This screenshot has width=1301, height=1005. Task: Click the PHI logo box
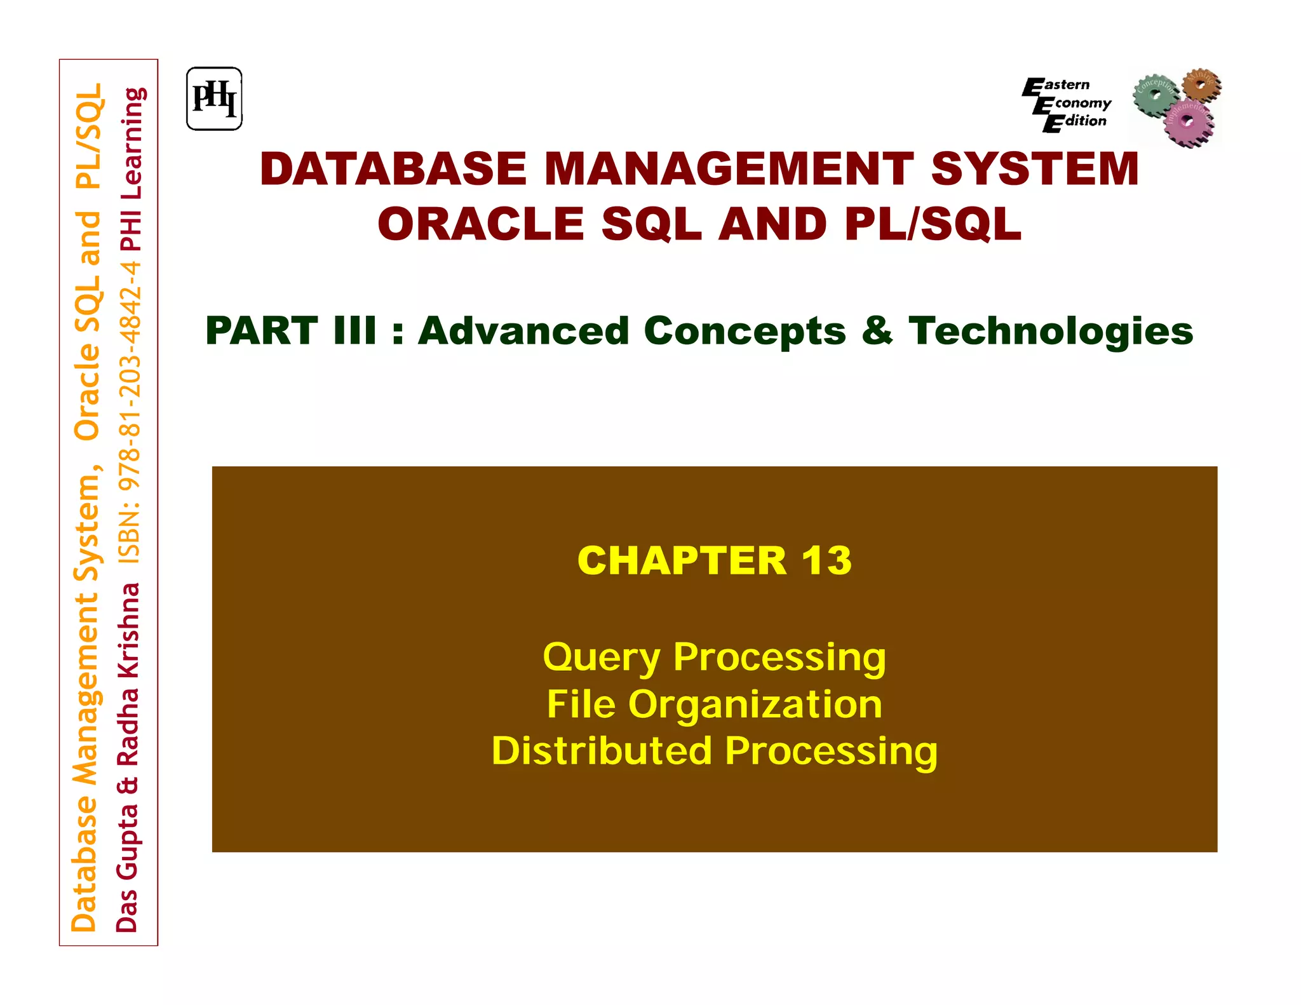pos(214,98)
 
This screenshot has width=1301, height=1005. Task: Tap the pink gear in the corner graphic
pos(1188,122)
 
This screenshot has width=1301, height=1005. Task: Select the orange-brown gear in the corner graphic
pos(1201,84)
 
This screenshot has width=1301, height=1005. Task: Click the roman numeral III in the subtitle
pos(355,331)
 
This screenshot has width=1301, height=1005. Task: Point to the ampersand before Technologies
pos(877,331)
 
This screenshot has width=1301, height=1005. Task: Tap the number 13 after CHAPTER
pos(826,560)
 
